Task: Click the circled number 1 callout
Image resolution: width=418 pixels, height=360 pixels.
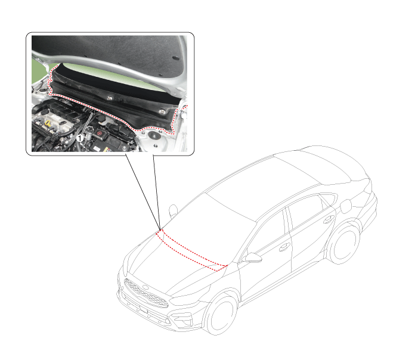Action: tap(80, 138)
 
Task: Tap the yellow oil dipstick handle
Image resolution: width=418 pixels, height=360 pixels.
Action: tap(48, 123)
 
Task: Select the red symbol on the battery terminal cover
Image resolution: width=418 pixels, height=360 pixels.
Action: tap(99, 133)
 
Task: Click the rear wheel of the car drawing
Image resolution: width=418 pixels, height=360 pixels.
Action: tap(343, 245)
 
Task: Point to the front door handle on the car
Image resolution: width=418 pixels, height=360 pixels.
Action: tap(284, 247)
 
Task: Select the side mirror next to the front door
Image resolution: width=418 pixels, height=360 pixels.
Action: tap(252, 258)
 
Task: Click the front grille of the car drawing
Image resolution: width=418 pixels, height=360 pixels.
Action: tap(145, 293)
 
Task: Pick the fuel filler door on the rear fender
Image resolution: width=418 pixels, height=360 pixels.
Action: tap(346, 206)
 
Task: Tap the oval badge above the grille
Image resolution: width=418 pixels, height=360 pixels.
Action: tap(145, 287)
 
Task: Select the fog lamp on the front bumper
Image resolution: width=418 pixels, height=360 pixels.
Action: tap(182, 318)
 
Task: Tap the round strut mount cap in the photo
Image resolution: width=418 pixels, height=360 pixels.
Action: tap(154, 135)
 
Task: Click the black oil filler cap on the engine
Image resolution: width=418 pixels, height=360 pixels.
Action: tap(62, 123)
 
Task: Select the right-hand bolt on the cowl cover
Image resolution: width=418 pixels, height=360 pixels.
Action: tap(161, 111)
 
